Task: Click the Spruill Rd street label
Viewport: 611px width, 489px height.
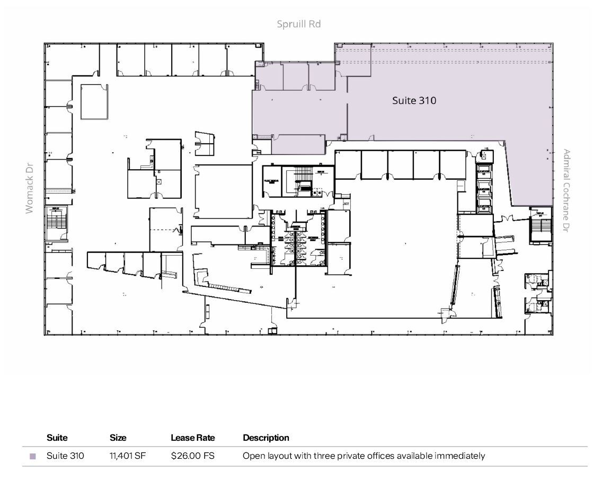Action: (x=298, y=24)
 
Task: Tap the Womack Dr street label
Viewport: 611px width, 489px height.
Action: (x=29, y=188)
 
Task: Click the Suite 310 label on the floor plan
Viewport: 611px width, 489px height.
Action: (x=414, y=100)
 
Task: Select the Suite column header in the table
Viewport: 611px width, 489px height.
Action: (x=57, y=438)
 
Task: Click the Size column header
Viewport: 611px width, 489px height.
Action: (x=118, y=438)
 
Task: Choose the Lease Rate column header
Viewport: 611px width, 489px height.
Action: (x=192, y=438)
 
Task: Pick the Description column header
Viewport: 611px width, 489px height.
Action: (x=265, y=438)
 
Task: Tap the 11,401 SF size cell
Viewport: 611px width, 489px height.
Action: (x=127, y=456)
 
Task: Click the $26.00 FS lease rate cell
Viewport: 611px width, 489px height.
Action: (x=192, y=456)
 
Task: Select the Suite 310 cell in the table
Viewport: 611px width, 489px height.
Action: (x=65, y=456)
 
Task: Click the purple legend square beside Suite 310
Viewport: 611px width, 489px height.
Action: (x=33, y=456)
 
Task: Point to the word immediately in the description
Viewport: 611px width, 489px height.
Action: (x=459, y=456)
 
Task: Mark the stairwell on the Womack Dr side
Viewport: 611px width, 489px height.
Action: (x=57, y=223)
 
